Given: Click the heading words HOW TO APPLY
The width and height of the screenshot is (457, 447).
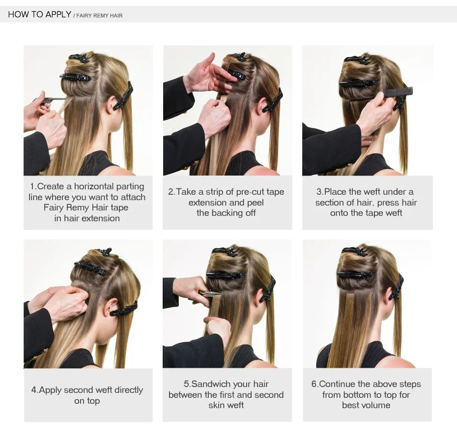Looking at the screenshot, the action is coord(40,14).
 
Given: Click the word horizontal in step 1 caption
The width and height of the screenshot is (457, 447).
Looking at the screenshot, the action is coord(94,186).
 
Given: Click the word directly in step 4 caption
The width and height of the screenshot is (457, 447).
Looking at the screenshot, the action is coord(129,390).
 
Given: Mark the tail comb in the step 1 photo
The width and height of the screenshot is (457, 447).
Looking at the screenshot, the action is coord(53,100).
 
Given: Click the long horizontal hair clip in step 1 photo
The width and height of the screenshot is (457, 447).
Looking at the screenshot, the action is coord(76,77).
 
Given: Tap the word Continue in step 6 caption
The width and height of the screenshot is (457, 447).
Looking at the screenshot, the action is coord(337,384).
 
